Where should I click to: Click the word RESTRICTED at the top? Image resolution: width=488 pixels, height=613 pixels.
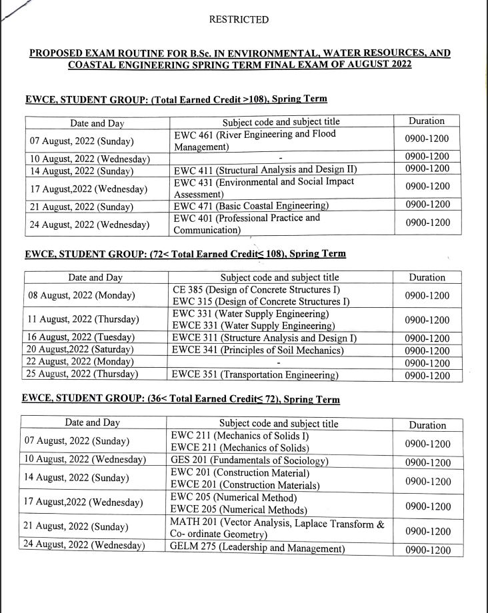239,20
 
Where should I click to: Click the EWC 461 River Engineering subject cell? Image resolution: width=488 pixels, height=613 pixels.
255,140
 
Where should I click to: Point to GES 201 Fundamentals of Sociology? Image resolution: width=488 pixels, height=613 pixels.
249,461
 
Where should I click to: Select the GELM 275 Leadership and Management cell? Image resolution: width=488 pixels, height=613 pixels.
257,548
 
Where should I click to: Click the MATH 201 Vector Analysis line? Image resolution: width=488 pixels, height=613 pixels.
277,524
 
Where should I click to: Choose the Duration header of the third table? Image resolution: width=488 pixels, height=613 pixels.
427,425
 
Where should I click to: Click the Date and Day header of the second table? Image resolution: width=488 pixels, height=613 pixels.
95,278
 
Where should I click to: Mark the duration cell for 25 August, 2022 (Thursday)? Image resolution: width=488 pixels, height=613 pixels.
427,376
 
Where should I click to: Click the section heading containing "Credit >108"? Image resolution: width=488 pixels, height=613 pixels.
176,99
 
